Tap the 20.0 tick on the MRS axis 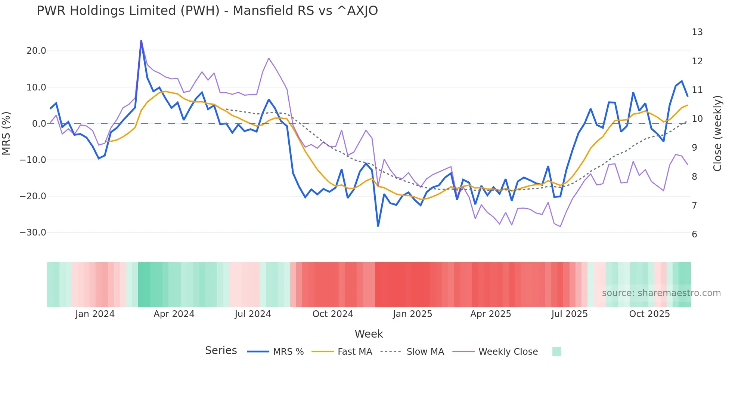36,51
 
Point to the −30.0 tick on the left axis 33,233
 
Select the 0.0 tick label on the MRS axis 39,124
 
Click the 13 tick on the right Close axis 697,32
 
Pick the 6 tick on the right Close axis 694,234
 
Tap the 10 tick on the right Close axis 697,119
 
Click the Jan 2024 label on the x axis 95,314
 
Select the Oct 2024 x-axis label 333,314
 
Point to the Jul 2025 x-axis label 570,314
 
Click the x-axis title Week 369,334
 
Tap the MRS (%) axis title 6,133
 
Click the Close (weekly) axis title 717,133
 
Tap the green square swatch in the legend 556,351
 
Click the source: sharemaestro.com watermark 661,293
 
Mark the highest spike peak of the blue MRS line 141,41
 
